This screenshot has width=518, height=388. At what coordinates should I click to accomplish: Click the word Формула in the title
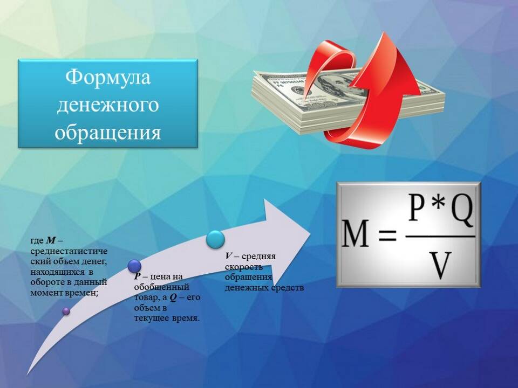pos(108,77)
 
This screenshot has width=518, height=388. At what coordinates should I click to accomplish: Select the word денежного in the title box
pos(108,105)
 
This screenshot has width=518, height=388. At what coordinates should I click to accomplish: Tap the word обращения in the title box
pos(108,133)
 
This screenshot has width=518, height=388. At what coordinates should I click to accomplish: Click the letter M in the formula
pos(355,233)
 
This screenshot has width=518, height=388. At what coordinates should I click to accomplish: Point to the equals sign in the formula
pos(387,235)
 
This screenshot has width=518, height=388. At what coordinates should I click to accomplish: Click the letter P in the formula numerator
pos(418,207)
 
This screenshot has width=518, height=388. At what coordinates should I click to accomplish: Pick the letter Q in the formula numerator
pos(462,209)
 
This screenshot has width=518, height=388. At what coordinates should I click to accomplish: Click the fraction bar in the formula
pos(440,236)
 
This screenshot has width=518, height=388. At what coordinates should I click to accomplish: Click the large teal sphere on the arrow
pos(215,239)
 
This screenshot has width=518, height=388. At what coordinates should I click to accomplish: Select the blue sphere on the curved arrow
pos(134,266)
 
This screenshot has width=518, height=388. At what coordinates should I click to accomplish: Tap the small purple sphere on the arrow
pos(66,311)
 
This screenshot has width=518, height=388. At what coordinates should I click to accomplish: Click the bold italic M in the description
pos(51,240)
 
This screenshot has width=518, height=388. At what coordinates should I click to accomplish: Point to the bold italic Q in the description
pos(173,297)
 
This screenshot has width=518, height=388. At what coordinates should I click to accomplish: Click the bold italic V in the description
pos(229,256)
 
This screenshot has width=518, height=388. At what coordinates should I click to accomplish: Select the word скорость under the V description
pos(244,267)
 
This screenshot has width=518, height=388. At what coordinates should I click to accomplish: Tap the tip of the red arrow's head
pos(384,32)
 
